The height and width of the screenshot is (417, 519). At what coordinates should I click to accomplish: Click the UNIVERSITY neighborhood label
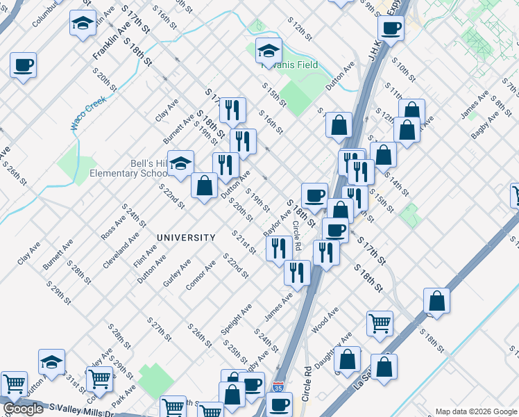185,238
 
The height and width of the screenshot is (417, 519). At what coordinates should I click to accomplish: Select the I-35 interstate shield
278,386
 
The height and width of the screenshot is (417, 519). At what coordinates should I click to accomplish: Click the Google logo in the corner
23,409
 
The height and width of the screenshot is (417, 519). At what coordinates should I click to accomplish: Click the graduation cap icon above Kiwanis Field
269,50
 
